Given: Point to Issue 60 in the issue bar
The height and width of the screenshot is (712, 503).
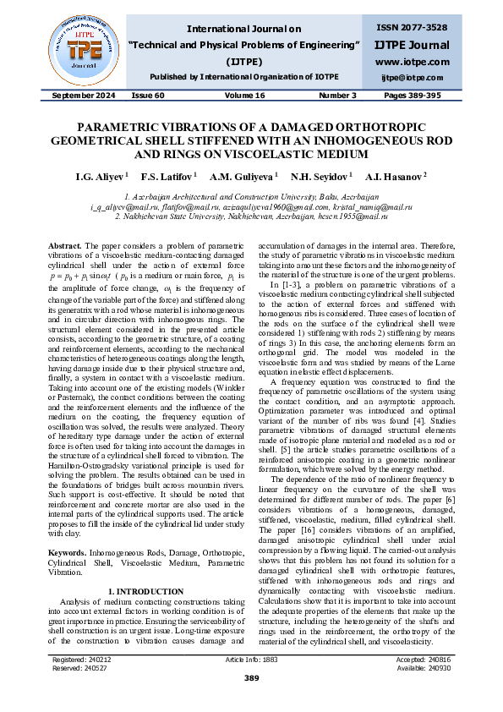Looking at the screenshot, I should (x=148, y=96).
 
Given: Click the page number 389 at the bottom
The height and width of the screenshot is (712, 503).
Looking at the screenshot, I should (x=251, y=677).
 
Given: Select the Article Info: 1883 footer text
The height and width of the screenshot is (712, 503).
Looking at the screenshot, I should (x=251, y=658).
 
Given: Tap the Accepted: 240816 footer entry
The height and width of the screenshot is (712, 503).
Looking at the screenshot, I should (x=422, y=658).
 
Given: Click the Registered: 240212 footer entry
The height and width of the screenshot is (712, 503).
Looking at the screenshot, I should (x=81, y=658).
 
